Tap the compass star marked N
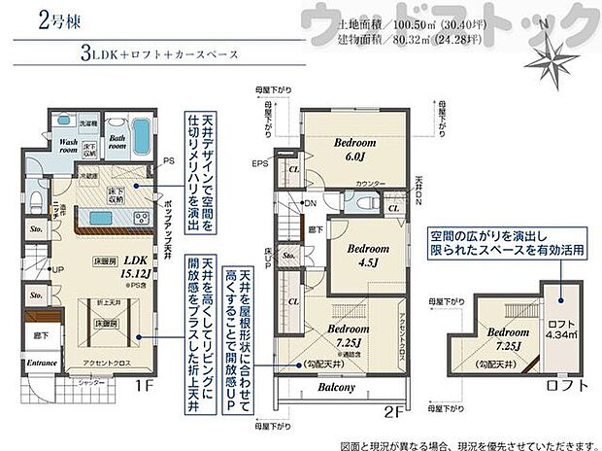(557, 58)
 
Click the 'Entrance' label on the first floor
(43, 363)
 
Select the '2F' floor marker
(392, 411)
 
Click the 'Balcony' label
(335, 386)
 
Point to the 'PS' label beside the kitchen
(168, 159)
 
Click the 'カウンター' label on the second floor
(372, 184)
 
